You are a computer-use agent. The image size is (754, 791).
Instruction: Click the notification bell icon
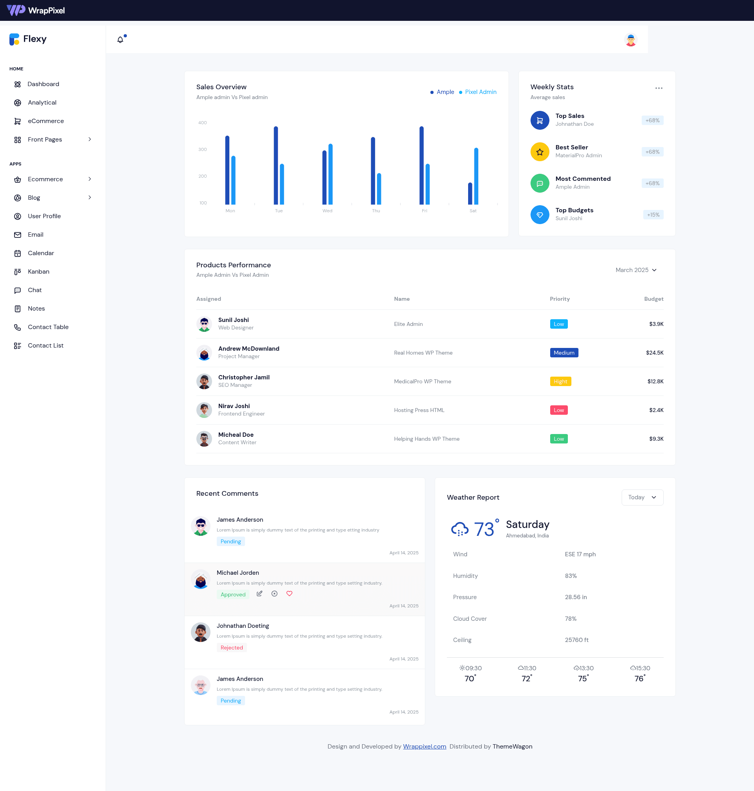tap(120, 39)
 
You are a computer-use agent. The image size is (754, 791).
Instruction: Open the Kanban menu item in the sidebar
tap(38, 272)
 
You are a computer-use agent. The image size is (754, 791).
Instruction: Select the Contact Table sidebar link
tap(48, 327)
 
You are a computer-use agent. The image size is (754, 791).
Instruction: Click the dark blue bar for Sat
tap(470, 193)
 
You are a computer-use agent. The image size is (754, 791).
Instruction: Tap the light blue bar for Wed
tap(330, 174)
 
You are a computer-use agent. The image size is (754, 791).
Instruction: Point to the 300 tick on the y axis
tap(203, 149)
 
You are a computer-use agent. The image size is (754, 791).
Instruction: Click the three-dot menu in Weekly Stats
tap(659, 88)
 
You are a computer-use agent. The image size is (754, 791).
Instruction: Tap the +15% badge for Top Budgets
tap(653, 215)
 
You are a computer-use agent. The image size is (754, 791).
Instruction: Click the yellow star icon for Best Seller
tap(540, 152)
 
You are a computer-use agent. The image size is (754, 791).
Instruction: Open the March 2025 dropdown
tap(636, 270)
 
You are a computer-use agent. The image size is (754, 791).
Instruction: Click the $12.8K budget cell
tap(655, 381)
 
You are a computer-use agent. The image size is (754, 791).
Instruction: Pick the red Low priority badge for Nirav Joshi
tap(559, 410)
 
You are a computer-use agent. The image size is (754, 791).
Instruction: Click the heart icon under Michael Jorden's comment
tap(289, 594)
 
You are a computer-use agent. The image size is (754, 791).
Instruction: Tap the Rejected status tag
tap(232, 648)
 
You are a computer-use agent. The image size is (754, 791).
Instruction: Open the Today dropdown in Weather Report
tap(642, 497)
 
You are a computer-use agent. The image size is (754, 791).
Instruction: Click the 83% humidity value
tap(571, 576)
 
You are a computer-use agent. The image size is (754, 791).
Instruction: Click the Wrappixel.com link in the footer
tap(425, 746)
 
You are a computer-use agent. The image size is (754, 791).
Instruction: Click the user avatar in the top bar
tap(631, 40)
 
